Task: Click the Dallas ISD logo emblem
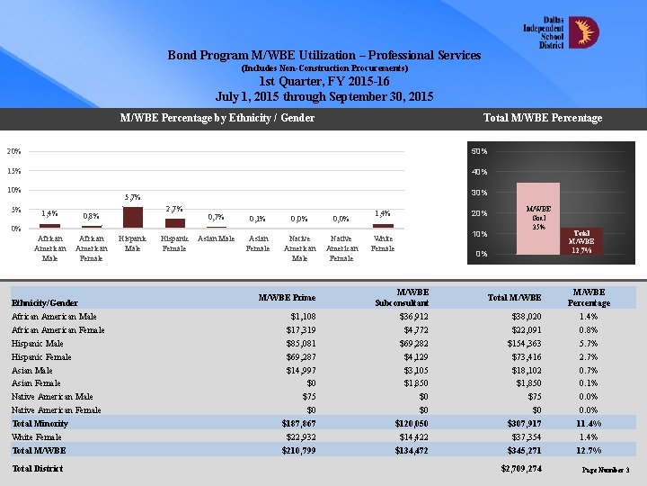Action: (x=585, y=33)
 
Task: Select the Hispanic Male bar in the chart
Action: (x=133, y=217)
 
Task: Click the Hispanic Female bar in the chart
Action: (x=174, y=222)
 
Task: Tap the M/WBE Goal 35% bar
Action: (x=539, y=219)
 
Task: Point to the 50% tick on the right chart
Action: (x=479, y=150)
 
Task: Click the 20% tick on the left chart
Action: (x=14, y=150)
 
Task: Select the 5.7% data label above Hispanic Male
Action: (x=132, y=196)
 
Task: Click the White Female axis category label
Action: (x=383, y=243)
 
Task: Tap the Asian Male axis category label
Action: (x=216, y=238)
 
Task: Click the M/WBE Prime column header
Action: (x=287, y=298)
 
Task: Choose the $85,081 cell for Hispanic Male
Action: (x=297, y=344)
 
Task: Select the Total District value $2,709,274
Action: (x=521, y=469)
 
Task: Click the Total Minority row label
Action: (x=40, y=423)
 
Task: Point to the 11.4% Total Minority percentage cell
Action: (x=589, y=423)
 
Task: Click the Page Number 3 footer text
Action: (x=606, y=471)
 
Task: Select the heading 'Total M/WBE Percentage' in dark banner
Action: (x=542, y=118)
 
